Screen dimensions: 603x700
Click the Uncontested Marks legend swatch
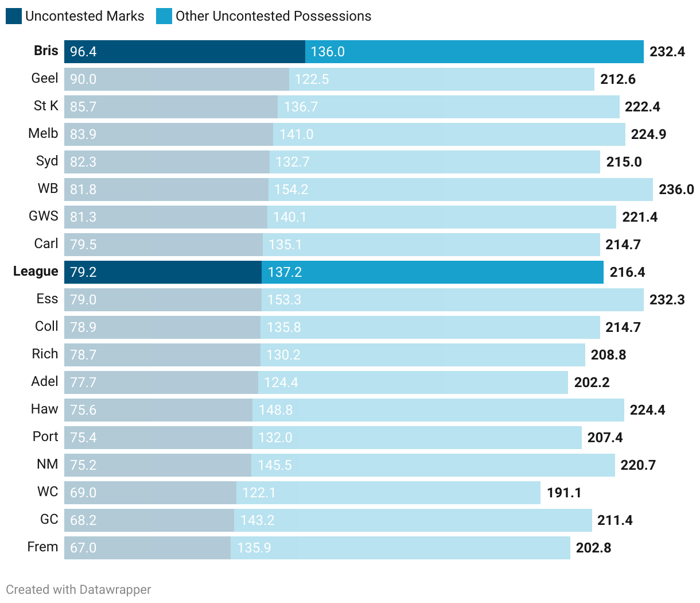tap(14, 16)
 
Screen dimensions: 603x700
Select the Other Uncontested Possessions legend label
tap(273, 16)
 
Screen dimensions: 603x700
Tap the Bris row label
tap(46, 51)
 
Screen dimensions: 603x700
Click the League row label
tap(36, 272)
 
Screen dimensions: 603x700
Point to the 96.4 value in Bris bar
tap(83, 52)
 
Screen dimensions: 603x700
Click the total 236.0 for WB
tap(676, 190)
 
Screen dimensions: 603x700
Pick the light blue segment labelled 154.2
tap(459, 190)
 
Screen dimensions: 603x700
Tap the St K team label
tap(46, 106)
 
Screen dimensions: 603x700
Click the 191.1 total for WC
tap(564, 493)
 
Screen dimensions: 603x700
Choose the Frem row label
tap(42, 547)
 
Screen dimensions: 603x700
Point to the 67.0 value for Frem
tap(83, 548)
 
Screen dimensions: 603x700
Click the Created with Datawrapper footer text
tap(79, 590)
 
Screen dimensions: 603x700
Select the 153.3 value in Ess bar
tap(284, 300)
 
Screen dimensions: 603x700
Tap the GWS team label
tap(44, 217)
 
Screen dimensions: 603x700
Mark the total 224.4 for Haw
tap(647, 410)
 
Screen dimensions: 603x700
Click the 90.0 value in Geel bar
tap(83, 79)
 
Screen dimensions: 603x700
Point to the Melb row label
tap(43, 134)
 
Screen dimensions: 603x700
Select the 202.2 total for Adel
tap(592, 382)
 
